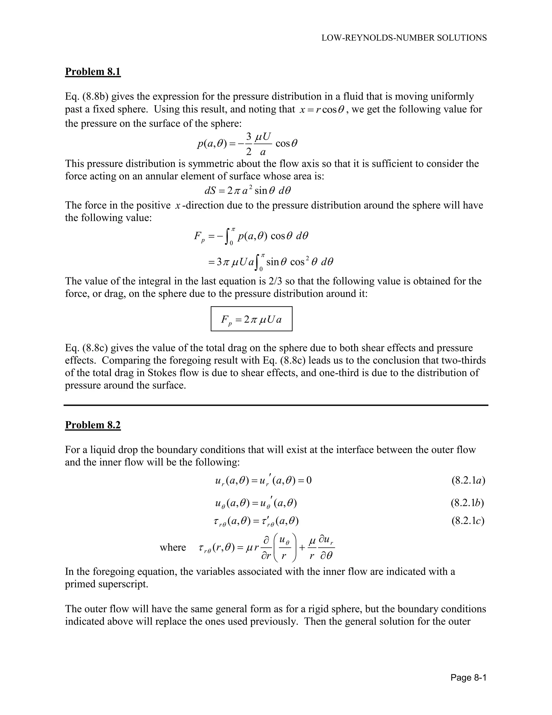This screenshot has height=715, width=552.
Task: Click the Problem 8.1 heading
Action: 93,71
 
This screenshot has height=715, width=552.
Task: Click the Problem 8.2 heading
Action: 93,425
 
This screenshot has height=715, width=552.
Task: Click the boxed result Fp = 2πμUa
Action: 251,319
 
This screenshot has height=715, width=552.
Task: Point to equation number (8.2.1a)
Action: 468,481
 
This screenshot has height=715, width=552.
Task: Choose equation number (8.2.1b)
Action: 467,503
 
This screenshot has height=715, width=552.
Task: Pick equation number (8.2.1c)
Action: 468,521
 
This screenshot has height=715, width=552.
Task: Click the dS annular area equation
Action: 247,190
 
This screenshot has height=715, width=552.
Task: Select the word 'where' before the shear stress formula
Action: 173,547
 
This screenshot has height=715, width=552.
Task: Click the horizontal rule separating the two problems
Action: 276,405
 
